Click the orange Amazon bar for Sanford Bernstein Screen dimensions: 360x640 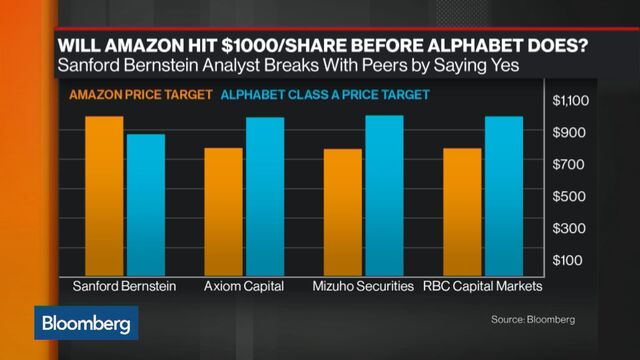pos(104,195)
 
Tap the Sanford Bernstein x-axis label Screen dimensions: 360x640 pos(125,287)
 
